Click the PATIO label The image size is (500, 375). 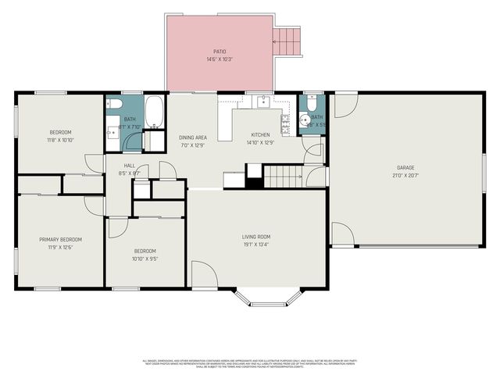click(220, 52)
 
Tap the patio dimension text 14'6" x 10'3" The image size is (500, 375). click(220, 59)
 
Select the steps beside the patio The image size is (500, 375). click(287, 42)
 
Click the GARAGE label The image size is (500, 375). click(405, 167)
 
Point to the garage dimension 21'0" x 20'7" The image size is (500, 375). click(405, 175)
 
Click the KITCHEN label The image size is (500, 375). click(260, 134)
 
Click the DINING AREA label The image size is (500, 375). click(192, 137)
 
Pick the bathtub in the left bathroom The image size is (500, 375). click(155, 111)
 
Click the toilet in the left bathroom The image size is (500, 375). click(114, 103)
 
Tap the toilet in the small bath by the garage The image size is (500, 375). click(310, 103)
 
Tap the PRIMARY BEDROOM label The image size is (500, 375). click(60, 239)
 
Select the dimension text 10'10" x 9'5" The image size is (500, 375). click(145, 259)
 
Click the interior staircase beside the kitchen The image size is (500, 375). click(283, 177)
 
